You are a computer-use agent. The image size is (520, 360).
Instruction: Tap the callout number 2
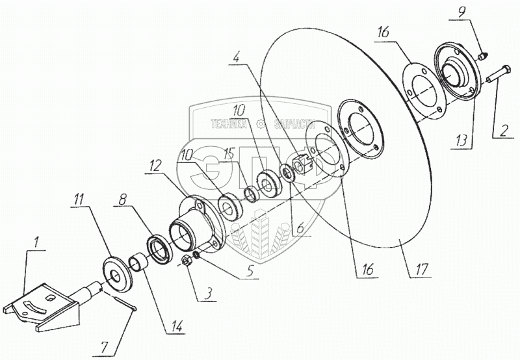coord(501,130)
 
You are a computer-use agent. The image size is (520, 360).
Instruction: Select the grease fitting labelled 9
coord(482,57)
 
